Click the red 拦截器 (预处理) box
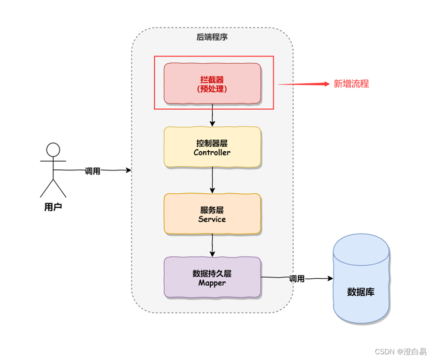(212, 83)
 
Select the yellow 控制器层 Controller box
(212, 147)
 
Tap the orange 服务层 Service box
(212, 214)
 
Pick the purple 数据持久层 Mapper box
(212, 278)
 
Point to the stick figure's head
(53, 150)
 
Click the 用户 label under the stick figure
(53, 207)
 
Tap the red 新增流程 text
(351, 83)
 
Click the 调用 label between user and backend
(93, 171)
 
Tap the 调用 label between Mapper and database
(297, 279)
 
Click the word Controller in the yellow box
(212, 153)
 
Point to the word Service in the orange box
(212, 219)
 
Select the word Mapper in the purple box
(212, 283)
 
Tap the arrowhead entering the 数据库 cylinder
(330, 279)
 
